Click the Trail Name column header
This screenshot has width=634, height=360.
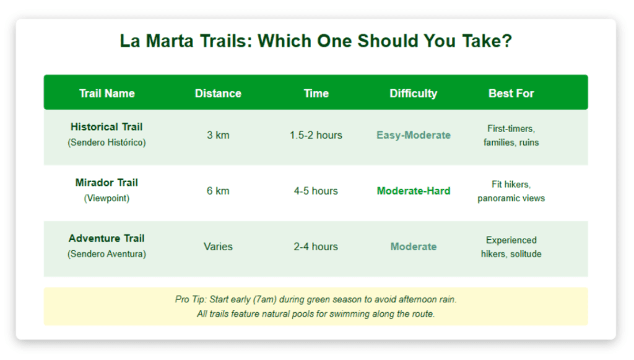tap(106, 94)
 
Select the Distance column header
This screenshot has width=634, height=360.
tap(218, 94)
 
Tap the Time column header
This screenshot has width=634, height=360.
tap(316, 94)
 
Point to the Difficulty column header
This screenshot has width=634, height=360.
tap(413, 94)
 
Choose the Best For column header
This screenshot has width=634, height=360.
tap(511, 94)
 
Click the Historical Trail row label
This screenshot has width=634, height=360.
tap(106, 127)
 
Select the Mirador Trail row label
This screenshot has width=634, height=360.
tap(106, 183)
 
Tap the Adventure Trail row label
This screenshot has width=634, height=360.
tap(106, 239)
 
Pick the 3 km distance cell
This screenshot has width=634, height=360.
tap(218, 135)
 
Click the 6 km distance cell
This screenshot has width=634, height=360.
tap(218, 191)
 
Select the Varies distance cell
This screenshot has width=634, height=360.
tap(218, 247)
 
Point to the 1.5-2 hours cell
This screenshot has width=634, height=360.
tap(316, 135)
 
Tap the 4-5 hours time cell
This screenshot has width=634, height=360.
tap(316, 191)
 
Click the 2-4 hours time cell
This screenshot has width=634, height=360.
tap(316, 247)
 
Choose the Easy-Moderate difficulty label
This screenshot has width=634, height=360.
tap(413, 135)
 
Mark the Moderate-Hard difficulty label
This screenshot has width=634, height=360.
tap(413, 191)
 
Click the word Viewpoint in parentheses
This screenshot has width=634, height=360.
tap(106, 198)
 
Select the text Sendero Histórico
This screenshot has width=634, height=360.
tap(106, 143)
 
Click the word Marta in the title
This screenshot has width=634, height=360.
tap(170, 42)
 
